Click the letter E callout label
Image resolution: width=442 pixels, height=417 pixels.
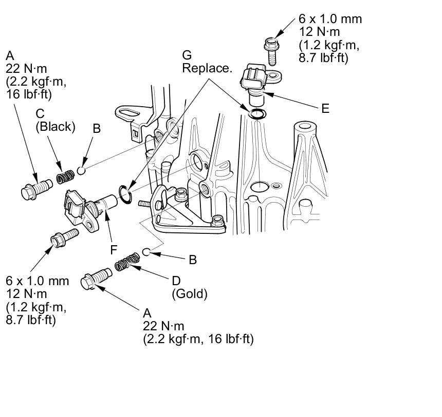[x=325, y=108]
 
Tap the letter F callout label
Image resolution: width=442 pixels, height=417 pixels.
[x=114, y=250]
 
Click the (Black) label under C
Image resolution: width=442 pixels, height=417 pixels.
[x=55, y=127]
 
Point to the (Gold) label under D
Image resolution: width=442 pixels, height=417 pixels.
[x=189, y=294]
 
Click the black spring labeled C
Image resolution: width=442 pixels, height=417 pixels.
[x=65, y=177]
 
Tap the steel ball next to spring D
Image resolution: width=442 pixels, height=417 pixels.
[x=146, y=252]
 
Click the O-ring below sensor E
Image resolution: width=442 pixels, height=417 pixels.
[x=257, y=113]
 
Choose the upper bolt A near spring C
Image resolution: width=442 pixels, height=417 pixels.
[x=35, y=188]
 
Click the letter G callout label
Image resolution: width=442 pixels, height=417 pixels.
[x=187, y=55]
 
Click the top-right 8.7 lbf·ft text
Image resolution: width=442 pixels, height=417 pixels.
[x=324, y=57]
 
